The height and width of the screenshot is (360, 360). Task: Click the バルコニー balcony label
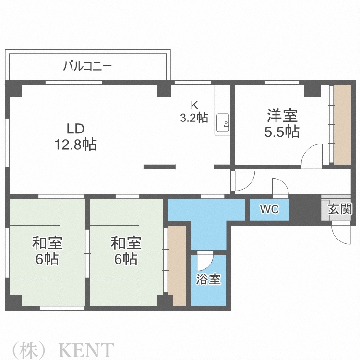(x=87, y=66)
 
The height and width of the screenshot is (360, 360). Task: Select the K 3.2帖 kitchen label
(x=194, y=111)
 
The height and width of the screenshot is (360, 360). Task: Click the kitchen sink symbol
(x=223, y=122)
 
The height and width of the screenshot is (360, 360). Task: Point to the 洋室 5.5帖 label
(x=283, y=123)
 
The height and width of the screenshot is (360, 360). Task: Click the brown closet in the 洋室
(x=343, y=125)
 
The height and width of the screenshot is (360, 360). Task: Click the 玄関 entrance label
(x=340, y=209)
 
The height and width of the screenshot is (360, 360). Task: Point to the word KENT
(x=86, y=349)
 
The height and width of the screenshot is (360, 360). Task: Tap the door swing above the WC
(x=279, y=187)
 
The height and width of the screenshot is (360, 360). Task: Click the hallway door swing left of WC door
(x=242, y=181)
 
